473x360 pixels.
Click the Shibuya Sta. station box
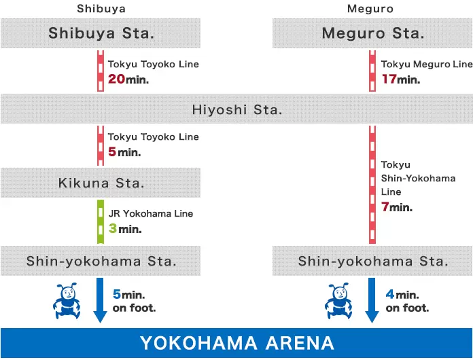101,33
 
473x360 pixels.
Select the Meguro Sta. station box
372,33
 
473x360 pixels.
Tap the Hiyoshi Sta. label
236,109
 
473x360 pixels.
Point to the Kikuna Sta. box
101,183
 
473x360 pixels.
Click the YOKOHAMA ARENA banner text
236,343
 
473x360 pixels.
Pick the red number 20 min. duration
128,79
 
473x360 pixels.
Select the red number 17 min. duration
400,79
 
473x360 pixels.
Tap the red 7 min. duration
396,207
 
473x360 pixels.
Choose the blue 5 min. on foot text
133,301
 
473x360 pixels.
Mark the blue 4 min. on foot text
406,301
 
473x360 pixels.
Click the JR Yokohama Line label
150,213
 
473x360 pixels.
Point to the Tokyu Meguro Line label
426,65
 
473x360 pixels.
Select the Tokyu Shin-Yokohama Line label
417,179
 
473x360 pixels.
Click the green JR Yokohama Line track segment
101,221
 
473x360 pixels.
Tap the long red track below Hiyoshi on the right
372,183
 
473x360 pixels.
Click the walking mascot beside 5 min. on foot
66,302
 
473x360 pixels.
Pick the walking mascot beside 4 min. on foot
339,302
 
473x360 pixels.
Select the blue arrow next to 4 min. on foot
372,299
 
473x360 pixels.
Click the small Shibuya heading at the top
101,9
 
